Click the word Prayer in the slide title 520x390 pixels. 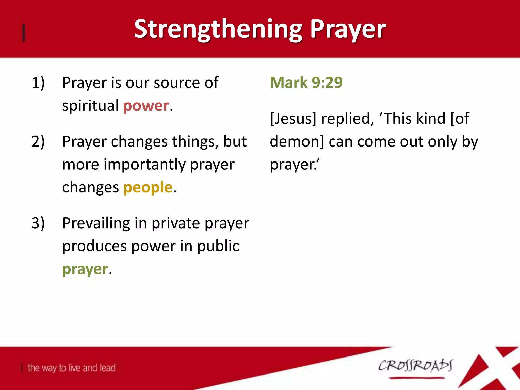point(348,29)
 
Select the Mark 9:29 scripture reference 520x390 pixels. point(306,83)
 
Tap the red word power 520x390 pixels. point(146,106)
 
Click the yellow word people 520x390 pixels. point(148,187)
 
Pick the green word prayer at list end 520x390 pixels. point(85,269)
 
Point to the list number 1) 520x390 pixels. point(38,83)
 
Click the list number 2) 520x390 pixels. point(38,141)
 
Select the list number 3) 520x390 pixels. point(38,223)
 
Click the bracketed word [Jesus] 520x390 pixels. point(293,119)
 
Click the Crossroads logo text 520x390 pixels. point(415,366)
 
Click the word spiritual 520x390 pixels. point(90,106)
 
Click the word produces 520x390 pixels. point(94,246)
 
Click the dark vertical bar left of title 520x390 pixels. point(24,32)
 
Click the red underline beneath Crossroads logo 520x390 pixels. point(416,378)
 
